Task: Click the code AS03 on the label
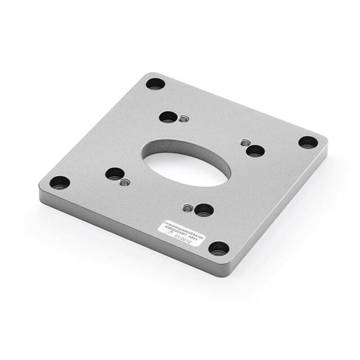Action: pos(192,238)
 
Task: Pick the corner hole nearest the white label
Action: pos(218,248)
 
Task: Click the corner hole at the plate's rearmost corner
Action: pos(155,84)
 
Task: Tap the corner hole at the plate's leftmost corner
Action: pos(60,183)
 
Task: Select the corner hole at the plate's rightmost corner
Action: pos(307,142)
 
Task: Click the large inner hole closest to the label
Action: pos(204,210)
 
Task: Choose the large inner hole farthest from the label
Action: pos(167,117)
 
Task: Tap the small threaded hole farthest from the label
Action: pos(183,119)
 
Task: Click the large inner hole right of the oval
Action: pos(255,151)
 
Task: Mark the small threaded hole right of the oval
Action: pos(245,142)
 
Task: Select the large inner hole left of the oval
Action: pos(114,173)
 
